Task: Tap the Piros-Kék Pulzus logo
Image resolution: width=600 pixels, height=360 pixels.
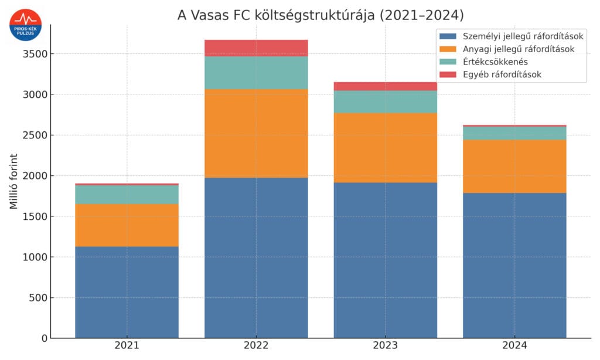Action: (25, 25)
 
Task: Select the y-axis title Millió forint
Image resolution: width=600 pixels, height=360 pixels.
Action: (13, 181)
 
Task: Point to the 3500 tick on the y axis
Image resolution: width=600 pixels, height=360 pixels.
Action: (35, 54)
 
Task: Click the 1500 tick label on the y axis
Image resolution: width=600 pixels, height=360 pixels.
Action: (35, 216)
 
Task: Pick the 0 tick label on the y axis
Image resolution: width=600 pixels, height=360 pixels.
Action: (43, 338)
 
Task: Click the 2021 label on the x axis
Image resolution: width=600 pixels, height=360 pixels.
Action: (127, 347)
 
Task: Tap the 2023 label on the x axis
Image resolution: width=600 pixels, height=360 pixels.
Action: (386, 347)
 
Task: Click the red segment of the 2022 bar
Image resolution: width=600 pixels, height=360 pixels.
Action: (256, 48)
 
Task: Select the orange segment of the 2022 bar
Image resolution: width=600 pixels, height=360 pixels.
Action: (256, 133)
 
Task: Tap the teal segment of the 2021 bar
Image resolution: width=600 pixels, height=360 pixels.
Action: (127, 195)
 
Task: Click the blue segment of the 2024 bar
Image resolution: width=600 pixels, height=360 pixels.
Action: (514, 266)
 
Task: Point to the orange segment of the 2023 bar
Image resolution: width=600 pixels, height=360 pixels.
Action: (386, 148)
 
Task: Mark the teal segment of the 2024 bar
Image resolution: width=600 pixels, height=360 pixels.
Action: (514, 133)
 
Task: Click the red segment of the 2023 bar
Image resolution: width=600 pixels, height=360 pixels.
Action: (386, 86)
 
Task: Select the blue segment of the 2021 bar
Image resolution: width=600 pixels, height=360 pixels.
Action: (127, 292)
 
